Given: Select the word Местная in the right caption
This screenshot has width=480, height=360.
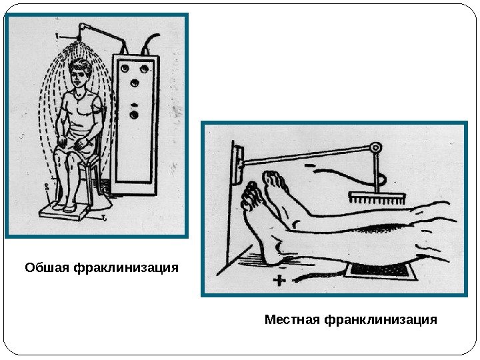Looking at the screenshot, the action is tap(291, 320).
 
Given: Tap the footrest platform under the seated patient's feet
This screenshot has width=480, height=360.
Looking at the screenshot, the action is tap(64, 211).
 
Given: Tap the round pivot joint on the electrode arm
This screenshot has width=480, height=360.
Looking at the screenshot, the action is tap(376, 147).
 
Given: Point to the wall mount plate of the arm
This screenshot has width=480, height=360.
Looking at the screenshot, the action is tap(237, 163).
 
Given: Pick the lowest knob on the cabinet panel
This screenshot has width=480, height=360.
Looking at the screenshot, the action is tap(134, 115).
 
